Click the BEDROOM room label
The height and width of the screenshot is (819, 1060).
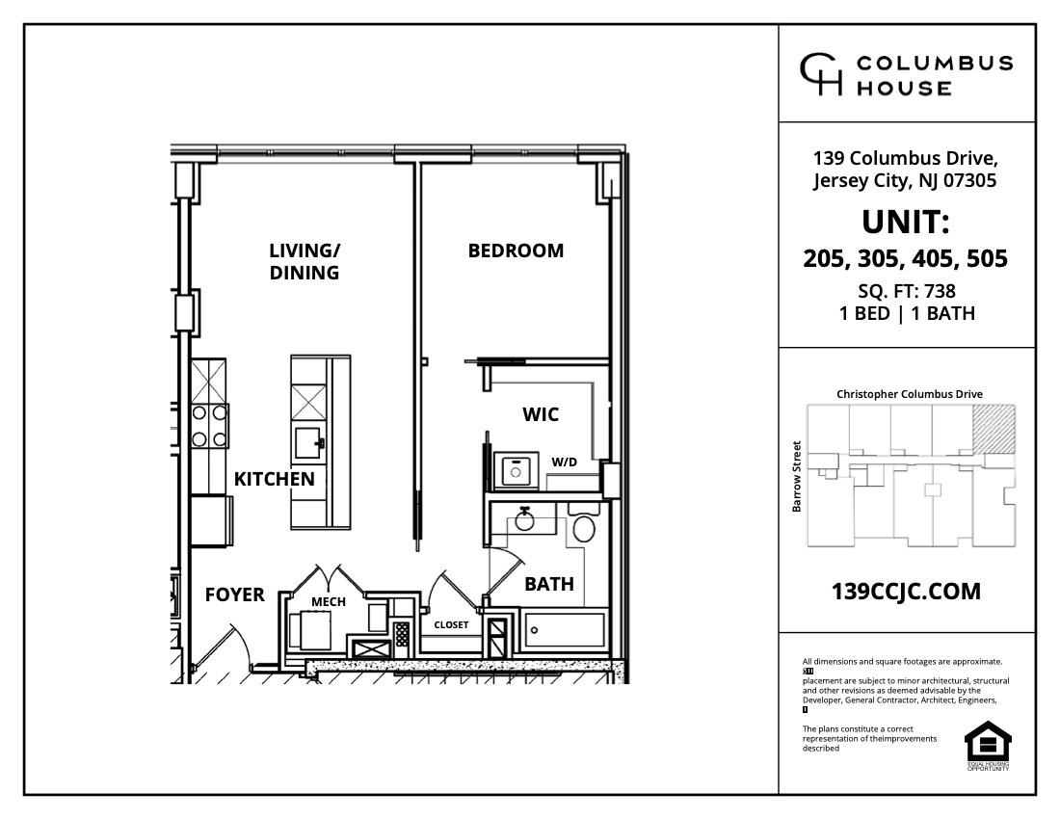516,251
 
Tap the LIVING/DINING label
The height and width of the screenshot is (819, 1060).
305,261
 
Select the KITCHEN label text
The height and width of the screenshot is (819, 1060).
274,479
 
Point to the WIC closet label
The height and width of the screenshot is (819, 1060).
541,415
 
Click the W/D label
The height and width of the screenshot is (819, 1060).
565,462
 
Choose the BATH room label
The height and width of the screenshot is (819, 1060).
549,584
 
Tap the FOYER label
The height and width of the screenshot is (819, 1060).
234,595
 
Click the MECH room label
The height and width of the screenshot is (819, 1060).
328,602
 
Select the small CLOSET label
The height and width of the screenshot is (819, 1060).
451,624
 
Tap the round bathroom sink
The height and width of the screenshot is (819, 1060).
525,520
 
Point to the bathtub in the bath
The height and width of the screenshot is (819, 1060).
564,630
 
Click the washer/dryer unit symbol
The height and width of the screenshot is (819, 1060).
516,470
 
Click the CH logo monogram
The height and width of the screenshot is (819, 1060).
821,74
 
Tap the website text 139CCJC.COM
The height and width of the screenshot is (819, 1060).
906,592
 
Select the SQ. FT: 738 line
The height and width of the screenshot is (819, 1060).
906,291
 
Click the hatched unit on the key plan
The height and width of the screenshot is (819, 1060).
993,428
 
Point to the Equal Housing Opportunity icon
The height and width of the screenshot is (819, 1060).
987,743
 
